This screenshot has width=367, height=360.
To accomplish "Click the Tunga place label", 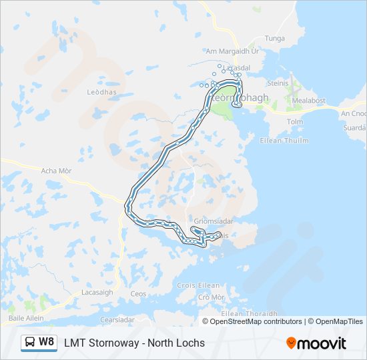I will click(275, 39).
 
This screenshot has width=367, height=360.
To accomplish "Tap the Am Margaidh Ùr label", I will click(232, 51).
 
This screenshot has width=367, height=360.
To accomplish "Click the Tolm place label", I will click(294, 122).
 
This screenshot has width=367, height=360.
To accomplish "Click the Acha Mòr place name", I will click(57, 171).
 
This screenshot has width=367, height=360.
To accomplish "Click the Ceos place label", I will click(138, 294).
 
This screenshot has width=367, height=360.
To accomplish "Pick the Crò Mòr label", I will click(212, 297).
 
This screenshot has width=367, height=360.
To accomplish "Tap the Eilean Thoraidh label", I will click(249, 313).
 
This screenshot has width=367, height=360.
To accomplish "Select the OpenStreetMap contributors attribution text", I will click(256, 321).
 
